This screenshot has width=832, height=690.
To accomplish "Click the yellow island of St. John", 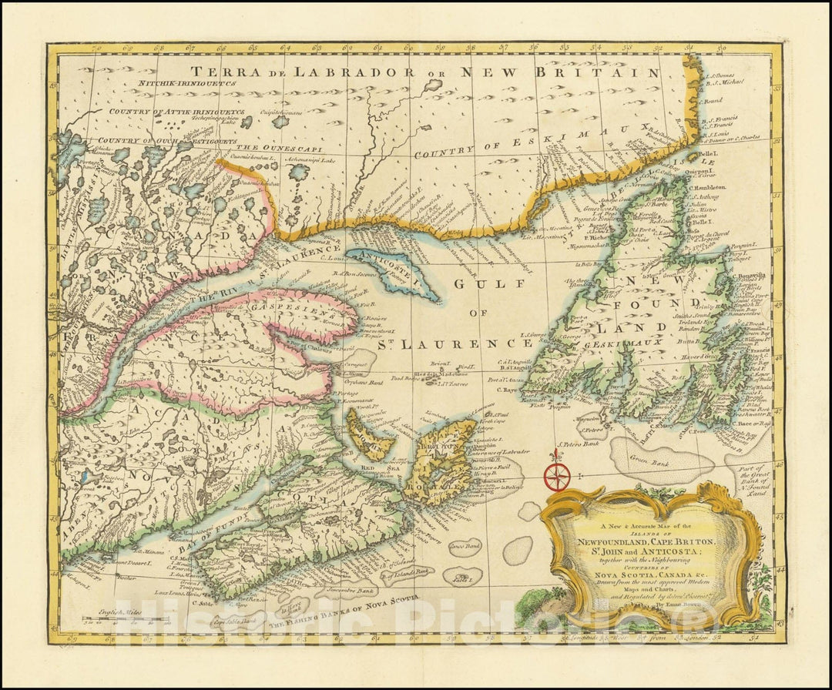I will [x=368, y=436].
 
